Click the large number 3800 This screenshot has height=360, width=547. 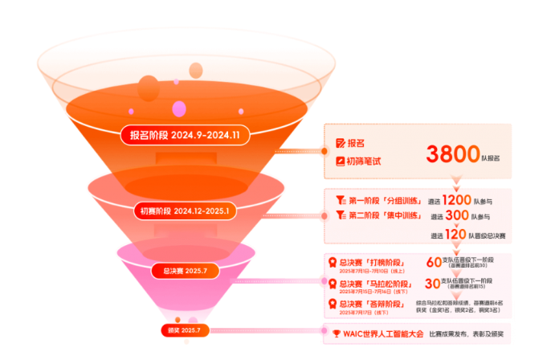point(453,153)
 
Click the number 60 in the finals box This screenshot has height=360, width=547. point(434,262)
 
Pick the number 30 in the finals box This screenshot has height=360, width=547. point(433,283)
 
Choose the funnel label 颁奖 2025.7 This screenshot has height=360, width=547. point(185,330)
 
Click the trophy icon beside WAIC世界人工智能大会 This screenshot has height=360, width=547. point(337,333)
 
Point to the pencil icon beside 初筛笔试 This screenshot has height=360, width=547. point(340,161)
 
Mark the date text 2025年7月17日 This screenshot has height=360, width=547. point(359,314)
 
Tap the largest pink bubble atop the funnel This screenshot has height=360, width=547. point(149,88)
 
